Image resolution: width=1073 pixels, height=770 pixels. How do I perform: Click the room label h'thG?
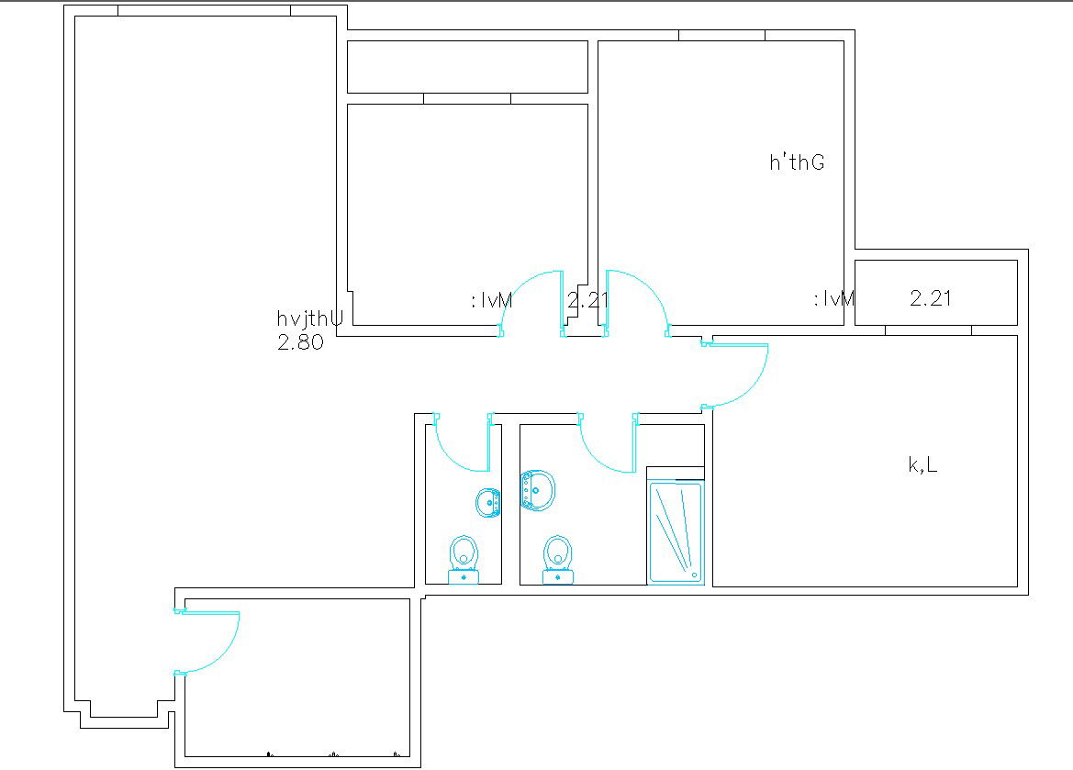coord(797,163)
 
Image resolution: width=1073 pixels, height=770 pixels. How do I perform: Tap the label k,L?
coord(922,465)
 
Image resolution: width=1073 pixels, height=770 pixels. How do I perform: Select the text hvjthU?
coord(310,319)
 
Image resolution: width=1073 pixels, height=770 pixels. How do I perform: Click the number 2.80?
coord(300,344)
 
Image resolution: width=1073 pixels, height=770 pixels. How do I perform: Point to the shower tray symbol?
coord(676,531)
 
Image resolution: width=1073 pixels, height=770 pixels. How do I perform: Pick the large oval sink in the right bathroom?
coord(538,490)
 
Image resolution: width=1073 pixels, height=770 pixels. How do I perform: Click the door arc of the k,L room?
coord(743,376)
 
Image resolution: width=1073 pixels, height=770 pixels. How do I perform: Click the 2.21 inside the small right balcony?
coord(931,298)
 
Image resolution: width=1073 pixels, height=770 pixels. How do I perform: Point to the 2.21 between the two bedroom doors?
coord(587,300)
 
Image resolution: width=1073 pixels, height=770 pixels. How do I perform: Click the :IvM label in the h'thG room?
coord(834,299)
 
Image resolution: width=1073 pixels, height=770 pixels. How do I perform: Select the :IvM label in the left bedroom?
coord(491,300)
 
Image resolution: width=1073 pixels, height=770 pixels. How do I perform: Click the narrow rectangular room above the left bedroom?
coord(467,67)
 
